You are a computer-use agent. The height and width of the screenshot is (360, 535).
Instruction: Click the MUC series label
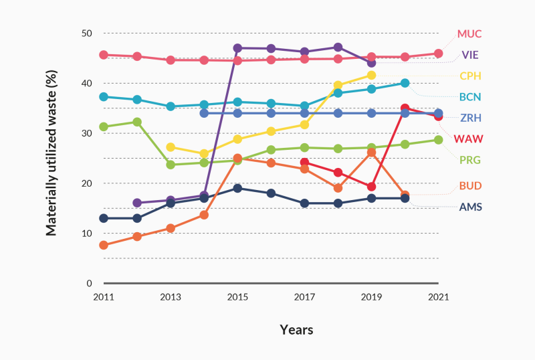(x=469, y=33)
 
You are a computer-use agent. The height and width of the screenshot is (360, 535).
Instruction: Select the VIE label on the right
(x=469, y=54)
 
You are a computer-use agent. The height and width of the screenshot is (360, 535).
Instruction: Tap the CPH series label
(x=469, y=76)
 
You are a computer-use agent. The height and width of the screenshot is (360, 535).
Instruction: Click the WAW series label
(x=468, y=139)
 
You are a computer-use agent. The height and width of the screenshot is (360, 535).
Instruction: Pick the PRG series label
(x=469, y=161)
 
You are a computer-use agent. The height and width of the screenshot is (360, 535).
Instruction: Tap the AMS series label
(x=469, y=207)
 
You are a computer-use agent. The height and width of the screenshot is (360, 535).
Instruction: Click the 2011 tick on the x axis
(x=104, y=296)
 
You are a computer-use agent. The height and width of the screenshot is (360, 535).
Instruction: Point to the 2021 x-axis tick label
(x=439, y=296)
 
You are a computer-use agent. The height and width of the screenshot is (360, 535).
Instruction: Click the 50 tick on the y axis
(x=86, y=33)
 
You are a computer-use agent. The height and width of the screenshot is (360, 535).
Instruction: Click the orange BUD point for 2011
(x=104, y=246)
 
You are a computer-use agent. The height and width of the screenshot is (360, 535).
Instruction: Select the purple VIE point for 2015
(x=237, y=48)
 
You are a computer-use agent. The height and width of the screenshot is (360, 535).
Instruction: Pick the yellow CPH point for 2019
(x=371, y=75)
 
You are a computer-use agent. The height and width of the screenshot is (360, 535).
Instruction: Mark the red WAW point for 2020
(x=405, y=108)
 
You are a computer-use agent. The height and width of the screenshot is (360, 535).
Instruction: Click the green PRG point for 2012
(x=137, y=122)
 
